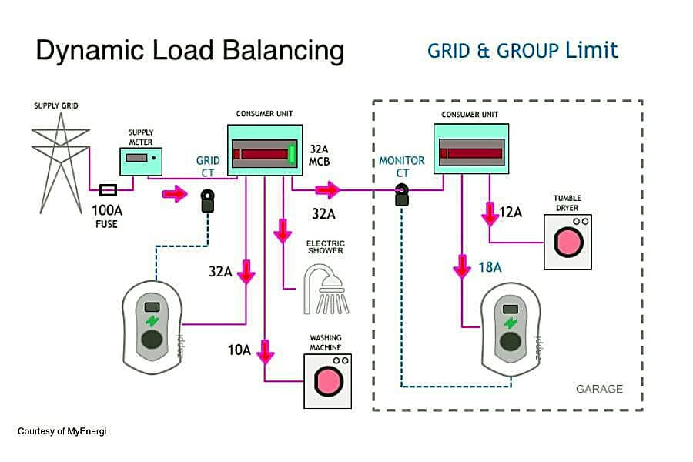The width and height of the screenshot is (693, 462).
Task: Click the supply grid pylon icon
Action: click(61, 162)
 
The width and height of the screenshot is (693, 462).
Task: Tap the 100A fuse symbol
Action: click(108, 190)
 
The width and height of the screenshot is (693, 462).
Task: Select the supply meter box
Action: click(141, 162)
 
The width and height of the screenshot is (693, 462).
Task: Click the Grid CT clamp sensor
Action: click(207, 201)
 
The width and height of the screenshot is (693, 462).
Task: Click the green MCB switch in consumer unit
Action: click(292, 154)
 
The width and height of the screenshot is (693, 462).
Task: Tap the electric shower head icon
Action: click(326, 290)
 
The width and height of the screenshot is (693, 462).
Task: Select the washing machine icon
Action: click(327, 381)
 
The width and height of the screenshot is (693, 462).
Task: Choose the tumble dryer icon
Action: click(567, 242)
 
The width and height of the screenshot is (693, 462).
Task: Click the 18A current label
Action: click(490, 267)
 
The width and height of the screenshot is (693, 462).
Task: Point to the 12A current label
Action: click(511, 213)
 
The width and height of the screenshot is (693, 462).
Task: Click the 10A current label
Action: click(239, 350)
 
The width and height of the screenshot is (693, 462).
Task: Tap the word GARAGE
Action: click(599, 389)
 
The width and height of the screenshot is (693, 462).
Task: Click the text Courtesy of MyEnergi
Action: click(62, 431)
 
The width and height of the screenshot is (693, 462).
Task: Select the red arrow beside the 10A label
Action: click(265, 351)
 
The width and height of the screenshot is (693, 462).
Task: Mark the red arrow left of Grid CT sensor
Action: click(175, 193)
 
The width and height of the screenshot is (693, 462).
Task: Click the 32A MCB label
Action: click(319, 156)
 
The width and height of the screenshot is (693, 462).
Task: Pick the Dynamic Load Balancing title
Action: click(190, 50)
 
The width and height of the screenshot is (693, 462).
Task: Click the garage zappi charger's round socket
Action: click(511, 342)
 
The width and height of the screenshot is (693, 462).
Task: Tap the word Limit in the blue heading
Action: click(591, 50)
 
